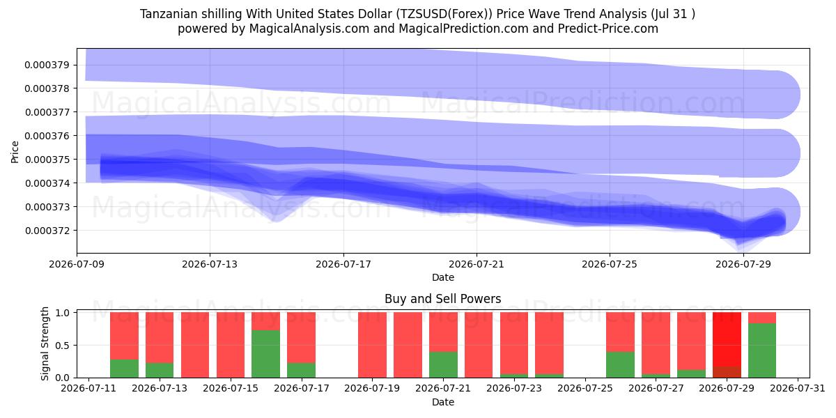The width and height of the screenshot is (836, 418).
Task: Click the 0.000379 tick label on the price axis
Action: (x=47, y=65)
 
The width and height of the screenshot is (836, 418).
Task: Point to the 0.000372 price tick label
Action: (x=47, y=231)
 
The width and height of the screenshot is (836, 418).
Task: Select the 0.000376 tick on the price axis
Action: (x=47, y=136)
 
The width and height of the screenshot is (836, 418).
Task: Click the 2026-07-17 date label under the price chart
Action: (x=343, y=264)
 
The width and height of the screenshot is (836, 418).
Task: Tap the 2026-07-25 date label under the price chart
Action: (x=610, y=264)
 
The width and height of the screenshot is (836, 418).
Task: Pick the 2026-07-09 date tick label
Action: (x=77, y=264)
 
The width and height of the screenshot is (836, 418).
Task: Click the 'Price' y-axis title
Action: (x=15, y=153)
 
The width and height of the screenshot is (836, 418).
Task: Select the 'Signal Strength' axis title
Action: (x=45, y=343)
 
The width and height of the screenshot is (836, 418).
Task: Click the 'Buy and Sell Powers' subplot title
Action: (x=442, y=299)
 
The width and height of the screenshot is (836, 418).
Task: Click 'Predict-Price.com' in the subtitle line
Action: (x=608, y=29)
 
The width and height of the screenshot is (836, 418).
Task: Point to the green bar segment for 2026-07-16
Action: (x=265, y=354)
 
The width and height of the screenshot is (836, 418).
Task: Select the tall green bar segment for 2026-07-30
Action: (x=762, y=350)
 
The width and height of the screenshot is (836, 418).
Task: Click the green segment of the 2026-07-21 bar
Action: (x=443, y=364)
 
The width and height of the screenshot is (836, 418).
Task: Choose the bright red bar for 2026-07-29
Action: (x=727, y=339)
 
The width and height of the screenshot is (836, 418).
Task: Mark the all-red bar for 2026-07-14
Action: (x=195, y=345)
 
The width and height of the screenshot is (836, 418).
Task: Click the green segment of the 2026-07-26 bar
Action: (x=620, y=364)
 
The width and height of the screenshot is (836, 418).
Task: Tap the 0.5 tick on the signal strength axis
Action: (x=63, y=346)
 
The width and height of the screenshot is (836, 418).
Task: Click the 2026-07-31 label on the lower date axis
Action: (x=798, y=389)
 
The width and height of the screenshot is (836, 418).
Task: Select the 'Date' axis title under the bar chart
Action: (x=442, y=403)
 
